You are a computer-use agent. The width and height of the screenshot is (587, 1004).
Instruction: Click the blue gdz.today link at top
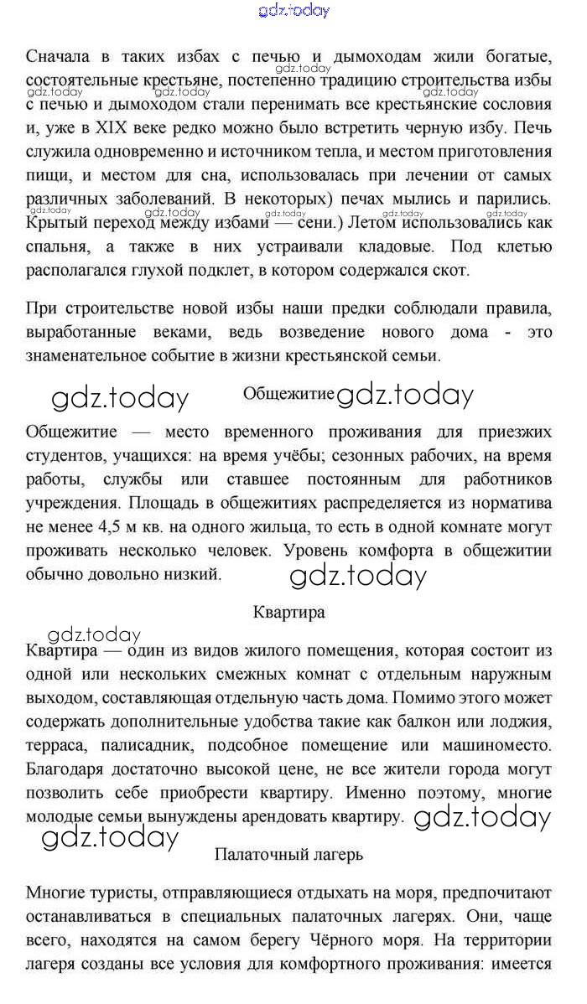pyautogui.click(x=294, y=10)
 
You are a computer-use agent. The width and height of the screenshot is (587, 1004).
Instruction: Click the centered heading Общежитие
pyautogui.click(x=288, y=393)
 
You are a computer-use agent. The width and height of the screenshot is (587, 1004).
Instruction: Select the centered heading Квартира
pyautogui.click(x=288, y=612)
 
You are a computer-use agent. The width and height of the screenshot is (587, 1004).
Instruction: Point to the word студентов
pyautogui.click(x=61, y=456)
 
